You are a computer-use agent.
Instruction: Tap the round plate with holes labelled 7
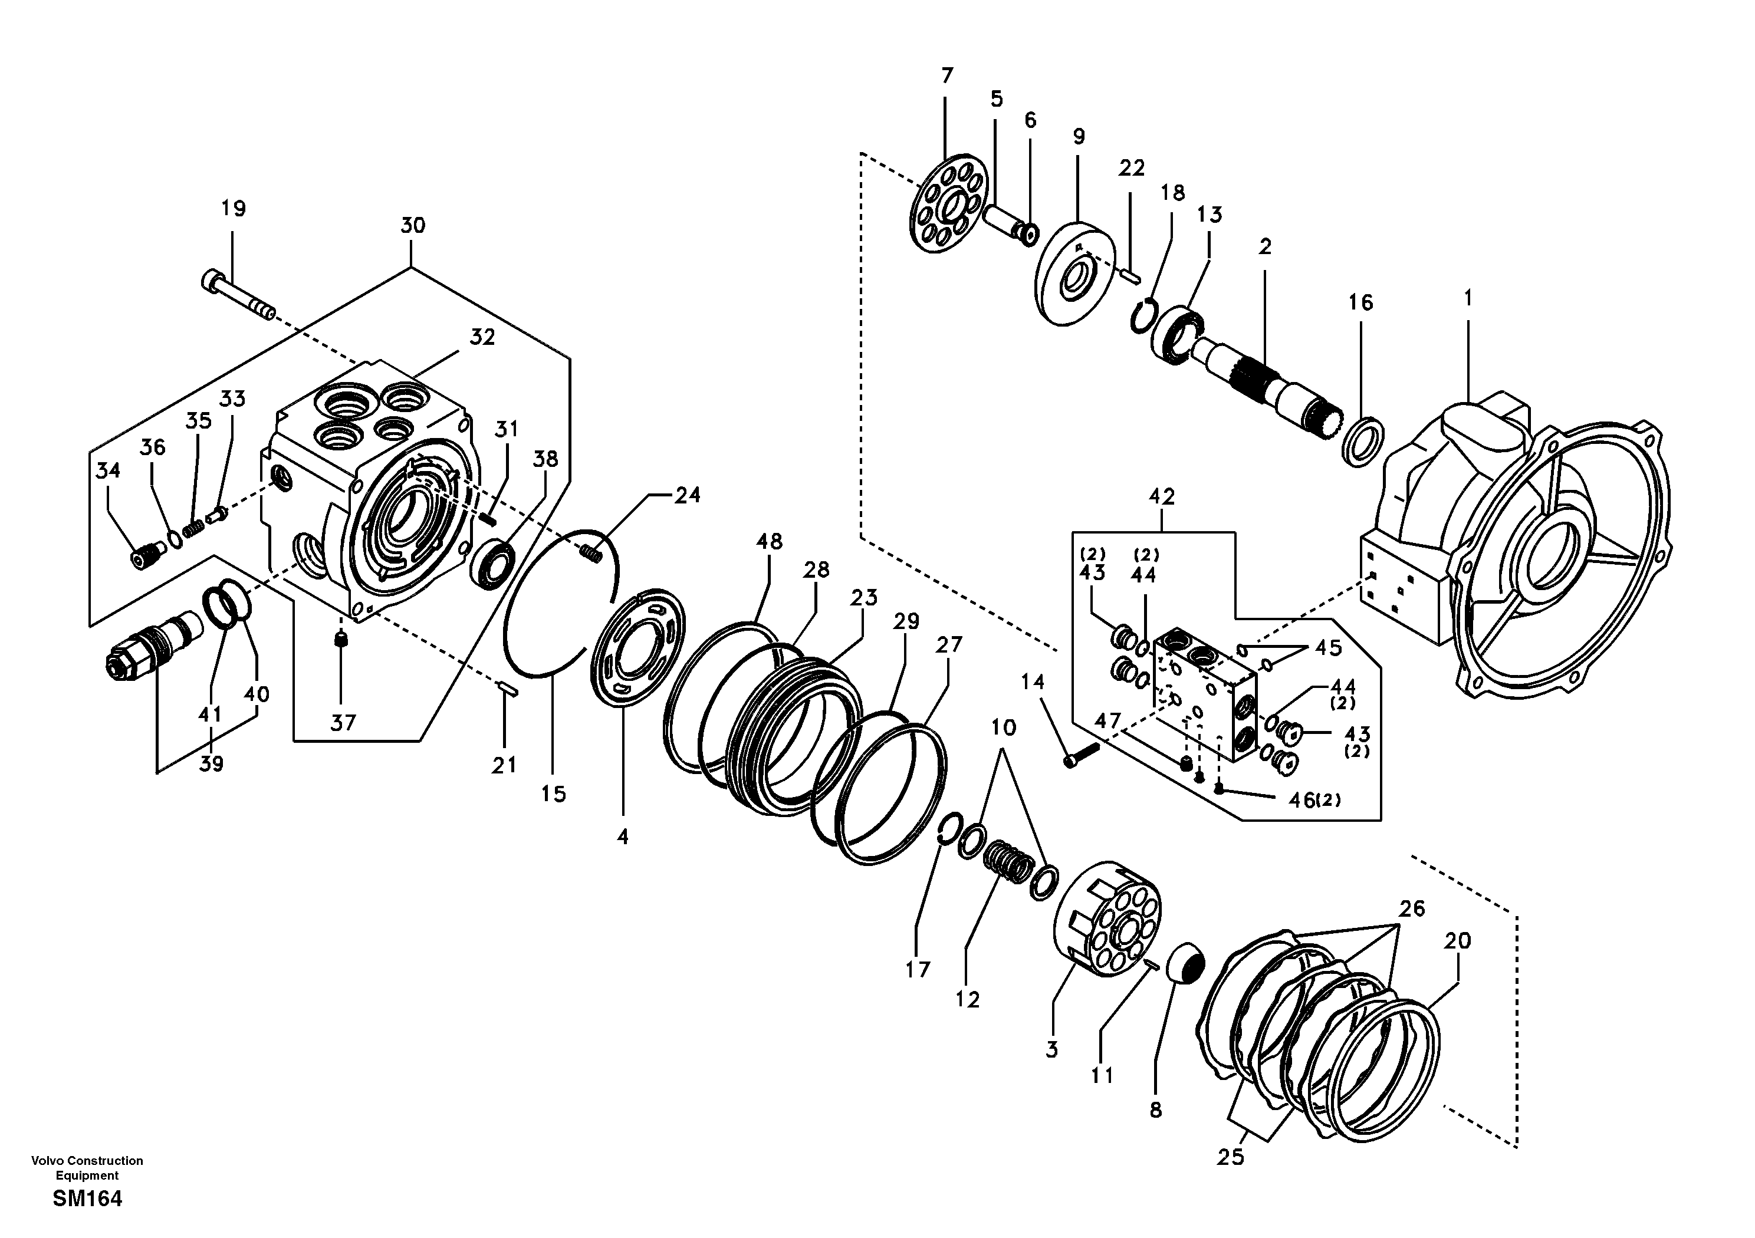click(948, 204)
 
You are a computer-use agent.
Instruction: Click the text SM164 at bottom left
click(87, 1199)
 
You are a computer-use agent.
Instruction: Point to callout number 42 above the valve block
click(1162, 497)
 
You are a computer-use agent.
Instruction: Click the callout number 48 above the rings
click(769, 541)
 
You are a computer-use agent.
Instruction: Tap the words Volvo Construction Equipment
click(87, 1168)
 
